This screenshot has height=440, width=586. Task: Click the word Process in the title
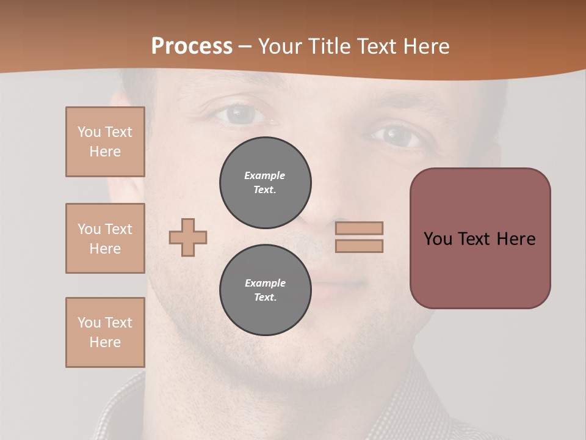(x=192, y=46)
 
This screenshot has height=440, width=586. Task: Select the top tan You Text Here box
(x=105, y=142)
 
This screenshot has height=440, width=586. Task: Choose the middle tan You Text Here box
(x=105, y=238)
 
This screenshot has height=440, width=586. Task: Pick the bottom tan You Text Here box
(x=105, y=332)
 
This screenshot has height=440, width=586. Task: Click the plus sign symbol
(x=188, y=237)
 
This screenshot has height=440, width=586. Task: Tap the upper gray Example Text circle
(x=265, y=182)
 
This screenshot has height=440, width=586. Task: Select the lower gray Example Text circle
(x=265, y=290)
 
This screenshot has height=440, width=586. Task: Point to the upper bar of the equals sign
(x=359, y=228)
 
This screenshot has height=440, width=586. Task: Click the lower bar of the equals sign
(x=359, y=246)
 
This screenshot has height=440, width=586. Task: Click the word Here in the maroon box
(x=516, y=239)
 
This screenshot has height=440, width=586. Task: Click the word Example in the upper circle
(x=265, y=175)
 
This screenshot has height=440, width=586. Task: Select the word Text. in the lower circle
(x=265, y=297)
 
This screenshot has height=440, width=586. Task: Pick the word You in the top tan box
(x=89, y=132)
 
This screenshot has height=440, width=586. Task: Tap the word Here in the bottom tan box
(x=105, y=342)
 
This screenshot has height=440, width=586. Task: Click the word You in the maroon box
(x=438, y=239)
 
